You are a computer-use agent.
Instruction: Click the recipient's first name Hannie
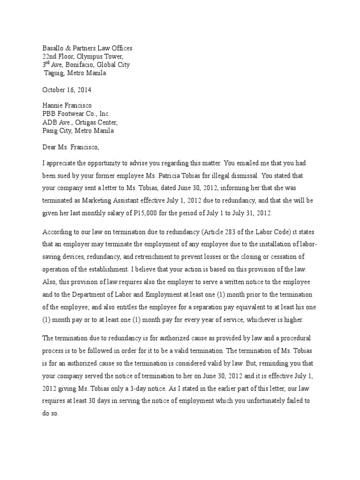(54, 106)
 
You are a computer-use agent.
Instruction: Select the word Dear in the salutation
(50, 147)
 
